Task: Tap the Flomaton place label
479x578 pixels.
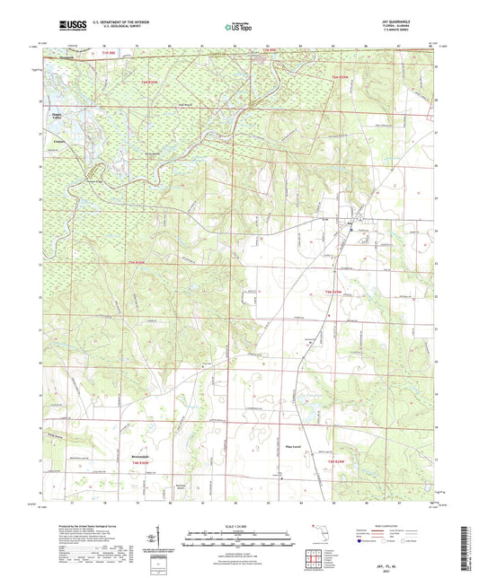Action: [x=84, y=60]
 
